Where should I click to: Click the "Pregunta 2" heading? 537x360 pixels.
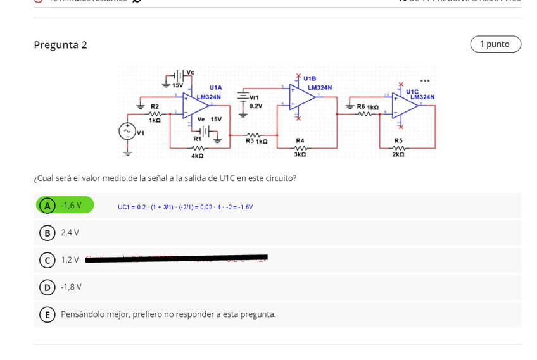tap(60, 45)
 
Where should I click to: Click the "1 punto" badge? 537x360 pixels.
tap(495, 44)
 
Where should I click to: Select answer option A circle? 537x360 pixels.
tap(47, 206)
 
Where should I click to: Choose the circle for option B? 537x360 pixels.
tap(47, 233)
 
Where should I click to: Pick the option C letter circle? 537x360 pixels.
tap(47, 260)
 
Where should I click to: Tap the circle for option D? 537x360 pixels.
tap(47, 287)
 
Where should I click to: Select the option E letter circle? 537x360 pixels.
tap(47, 314)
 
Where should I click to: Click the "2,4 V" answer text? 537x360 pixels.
tap(70, 233)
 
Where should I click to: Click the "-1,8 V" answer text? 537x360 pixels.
tap(71, 287)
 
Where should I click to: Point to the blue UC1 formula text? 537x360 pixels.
tap(185, 207)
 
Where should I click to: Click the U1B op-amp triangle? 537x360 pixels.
tap(305, 96)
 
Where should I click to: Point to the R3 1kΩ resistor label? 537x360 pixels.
tap(256, 141)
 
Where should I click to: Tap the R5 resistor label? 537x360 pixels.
tap(398, 140)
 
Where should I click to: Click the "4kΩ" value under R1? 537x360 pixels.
tap(197, 155)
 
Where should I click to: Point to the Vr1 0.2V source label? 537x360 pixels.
tap(255, 102)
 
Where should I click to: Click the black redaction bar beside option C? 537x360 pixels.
tap(176, 258)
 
